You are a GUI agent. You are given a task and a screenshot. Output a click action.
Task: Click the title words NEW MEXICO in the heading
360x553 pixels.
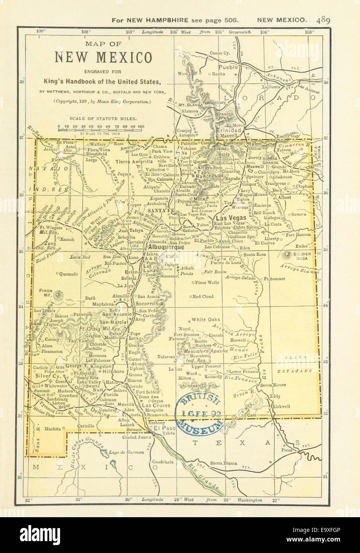103,58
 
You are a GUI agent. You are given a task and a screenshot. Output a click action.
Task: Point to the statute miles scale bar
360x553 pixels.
101,128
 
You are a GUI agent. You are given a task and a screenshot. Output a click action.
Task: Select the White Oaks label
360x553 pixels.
206,319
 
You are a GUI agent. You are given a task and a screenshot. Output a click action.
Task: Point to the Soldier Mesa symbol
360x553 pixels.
287,255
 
